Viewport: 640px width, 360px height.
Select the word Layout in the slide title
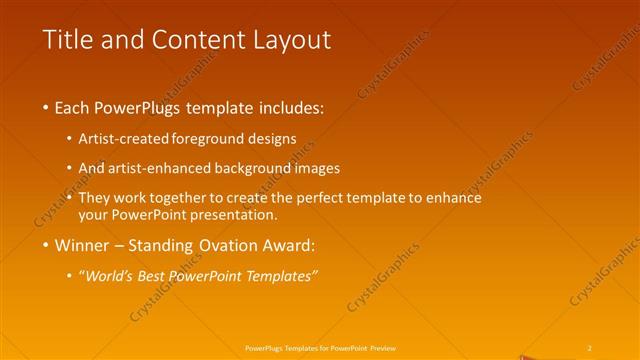[289, 40]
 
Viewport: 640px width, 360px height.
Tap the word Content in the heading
[193, 40]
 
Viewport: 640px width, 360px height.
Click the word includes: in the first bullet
[287, 106]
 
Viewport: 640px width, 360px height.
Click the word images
[318, 168]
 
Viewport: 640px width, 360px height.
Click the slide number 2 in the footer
[590, 347]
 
